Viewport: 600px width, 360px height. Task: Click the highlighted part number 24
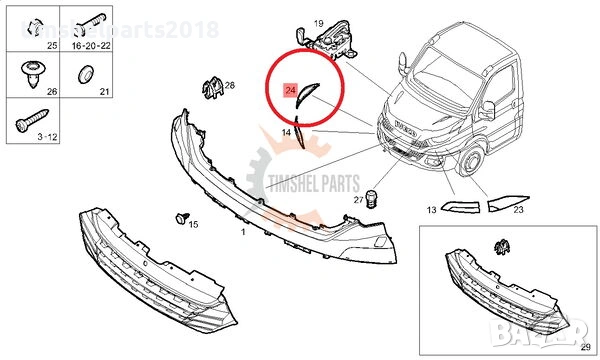click(x=290, y=91)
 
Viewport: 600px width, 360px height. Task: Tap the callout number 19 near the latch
click(x=318, y=23)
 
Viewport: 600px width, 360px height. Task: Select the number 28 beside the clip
click(x=229, y=86)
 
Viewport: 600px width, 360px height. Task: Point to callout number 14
click(x=286, y=132)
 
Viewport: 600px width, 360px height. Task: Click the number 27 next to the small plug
click(x=357, y=200)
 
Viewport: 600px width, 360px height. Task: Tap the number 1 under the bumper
click(x=243, y=231)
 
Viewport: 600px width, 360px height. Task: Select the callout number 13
click(x=431, y=210)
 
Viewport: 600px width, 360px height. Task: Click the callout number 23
click(x=518, y=210)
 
